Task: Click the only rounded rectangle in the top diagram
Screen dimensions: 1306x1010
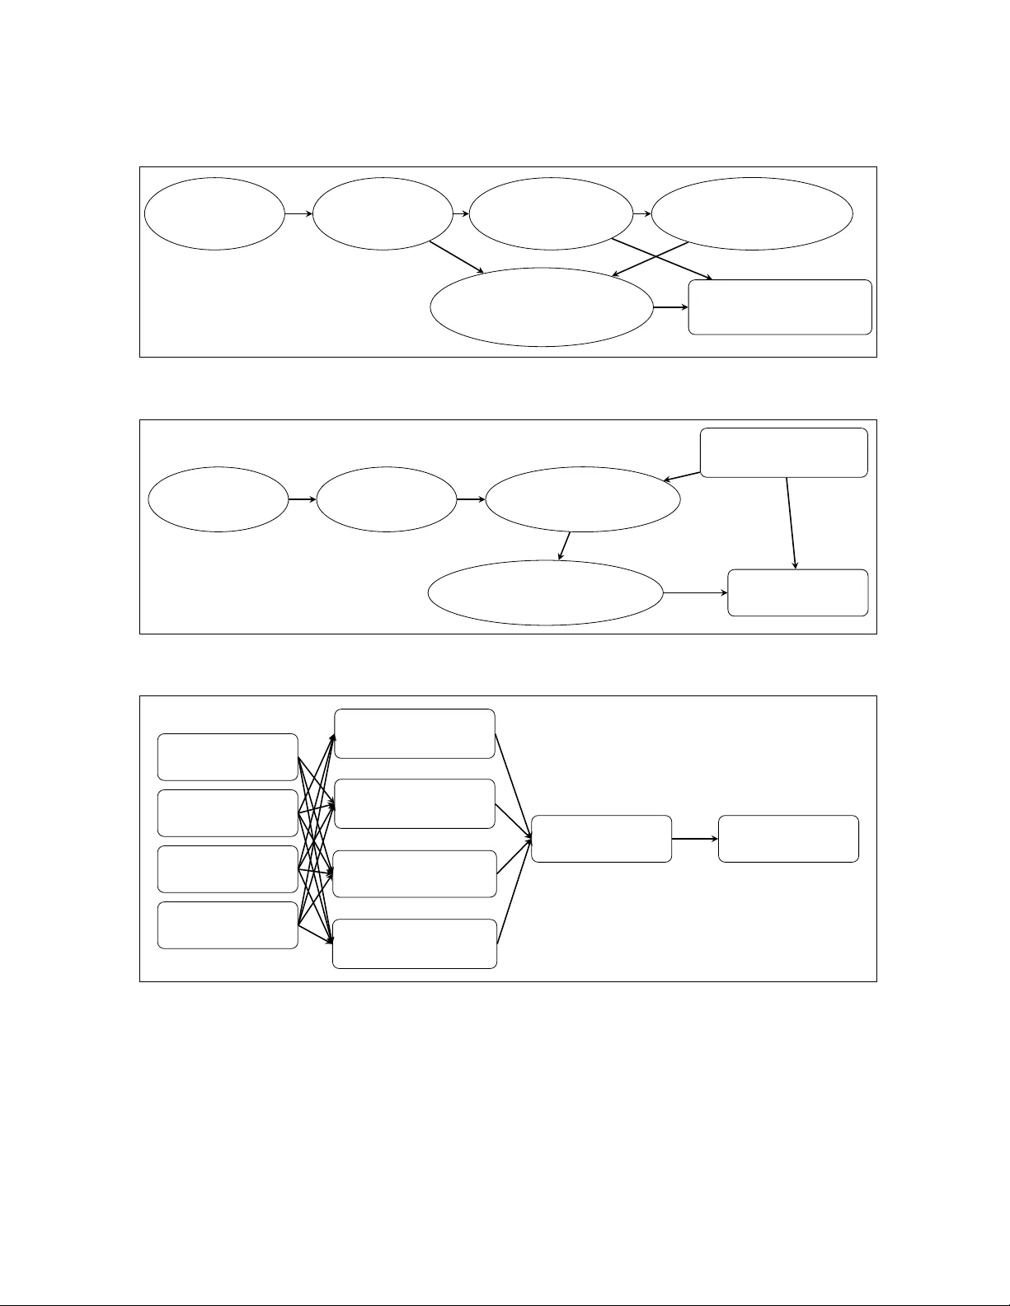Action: (780, 307)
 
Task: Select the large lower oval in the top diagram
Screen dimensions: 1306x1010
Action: (542, 307)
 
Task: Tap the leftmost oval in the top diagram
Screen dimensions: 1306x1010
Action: (214, 213)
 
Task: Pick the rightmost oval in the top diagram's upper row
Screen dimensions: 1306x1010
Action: (752, 213)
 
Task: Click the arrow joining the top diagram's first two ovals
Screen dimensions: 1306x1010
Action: (298, 213)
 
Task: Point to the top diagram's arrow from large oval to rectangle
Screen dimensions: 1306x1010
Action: (671, 307)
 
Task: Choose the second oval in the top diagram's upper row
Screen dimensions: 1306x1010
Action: (383, 213)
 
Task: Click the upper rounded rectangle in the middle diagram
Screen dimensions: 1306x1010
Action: (783, 452)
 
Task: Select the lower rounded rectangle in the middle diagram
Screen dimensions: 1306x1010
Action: (797, 592)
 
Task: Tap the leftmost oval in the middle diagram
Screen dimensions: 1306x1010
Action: (218, 500)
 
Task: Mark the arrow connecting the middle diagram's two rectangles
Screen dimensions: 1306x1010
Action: (792, 523)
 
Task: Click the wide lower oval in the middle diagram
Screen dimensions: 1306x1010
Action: (546, 592)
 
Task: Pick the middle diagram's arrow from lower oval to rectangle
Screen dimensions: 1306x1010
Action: (695, 592)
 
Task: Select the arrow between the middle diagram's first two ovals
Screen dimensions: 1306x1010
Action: (303, 500)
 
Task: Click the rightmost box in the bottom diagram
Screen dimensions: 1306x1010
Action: (788, 839)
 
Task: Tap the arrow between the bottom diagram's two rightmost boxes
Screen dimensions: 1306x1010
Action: (694, 839)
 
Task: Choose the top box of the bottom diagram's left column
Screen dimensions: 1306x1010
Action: (228, 756)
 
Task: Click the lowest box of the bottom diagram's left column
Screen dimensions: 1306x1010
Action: (228, 924)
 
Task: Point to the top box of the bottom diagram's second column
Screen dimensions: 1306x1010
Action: (414, 733)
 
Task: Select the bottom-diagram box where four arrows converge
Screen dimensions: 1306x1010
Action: (601, 839)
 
